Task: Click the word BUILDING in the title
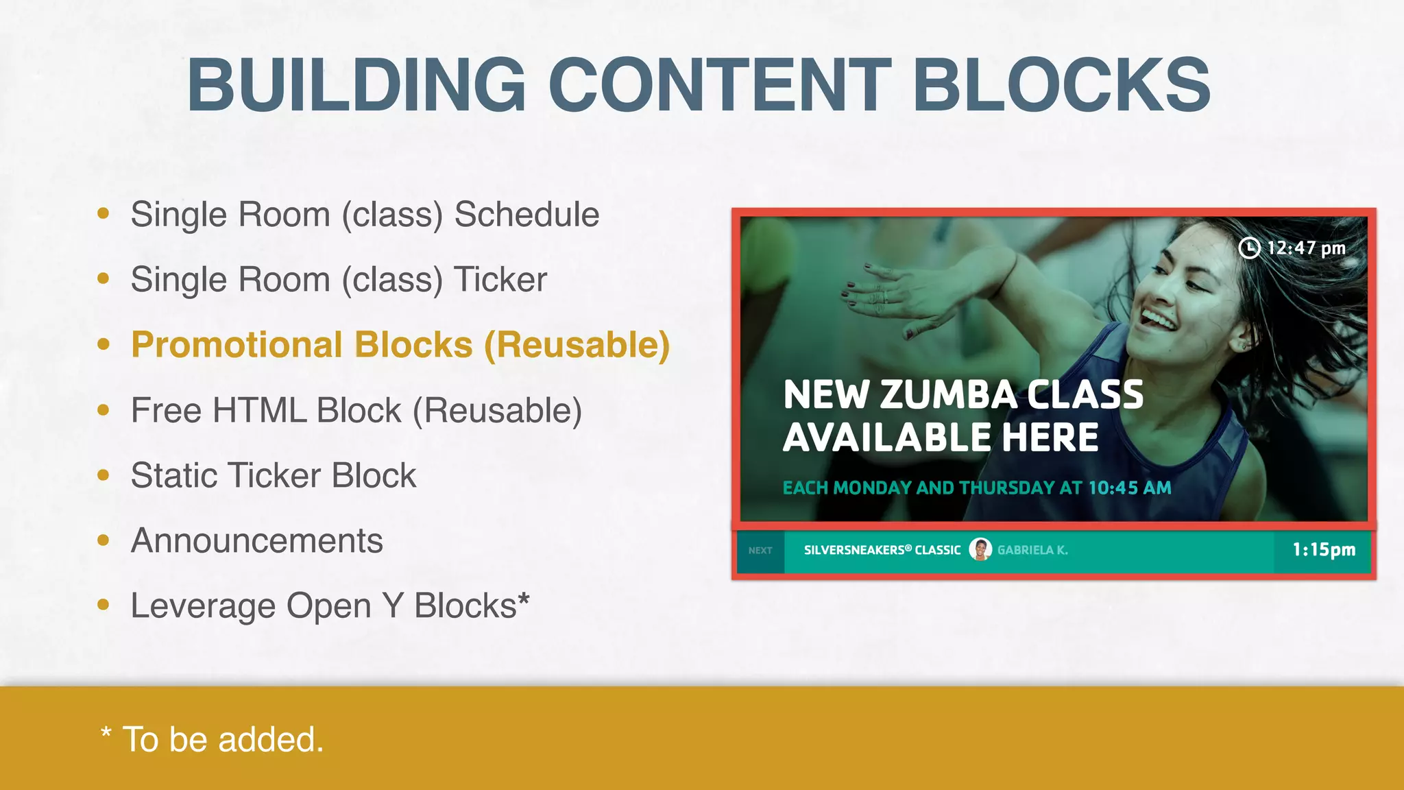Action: [356, 85]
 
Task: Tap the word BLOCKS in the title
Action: [1061, 85]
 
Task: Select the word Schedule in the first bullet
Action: [526, 215]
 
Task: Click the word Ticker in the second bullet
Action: [500, 280]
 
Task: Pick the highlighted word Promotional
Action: [237, 345]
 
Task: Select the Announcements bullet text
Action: [256, 540]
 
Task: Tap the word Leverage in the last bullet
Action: [203, 606]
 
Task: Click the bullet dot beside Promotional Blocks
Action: [104, 344]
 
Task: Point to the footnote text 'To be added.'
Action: [222, 740]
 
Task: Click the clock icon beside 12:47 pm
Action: [1249, 248]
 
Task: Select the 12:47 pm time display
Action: [1306, 248]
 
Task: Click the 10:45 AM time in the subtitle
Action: [1130, 488]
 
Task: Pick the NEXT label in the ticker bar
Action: [760, 551]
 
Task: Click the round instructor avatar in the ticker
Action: [980, 550]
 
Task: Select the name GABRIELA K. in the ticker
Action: [1032, 550]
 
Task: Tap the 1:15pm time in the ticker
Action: [1324, 550]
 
